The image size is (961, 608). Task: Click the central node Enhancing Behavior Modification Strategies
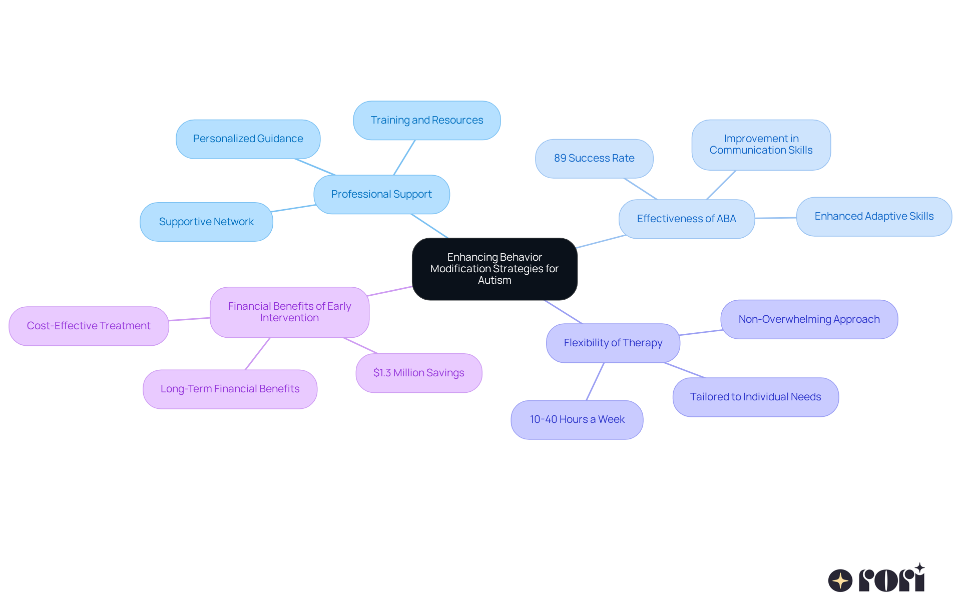tap(495, 269)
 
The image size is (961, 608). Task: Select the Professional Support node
tap(381, 194)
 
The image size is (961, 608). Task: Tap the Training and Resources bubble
tap(426, 120)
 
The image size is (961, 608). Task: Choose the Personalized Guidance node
tap(248, 139)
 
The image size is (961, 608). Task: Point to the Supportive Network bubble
tap(206, 222)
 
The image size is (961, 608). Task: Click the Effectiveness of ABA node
tap(686, 219)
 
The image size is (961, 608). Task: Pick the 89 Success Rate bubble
tap(594, 158)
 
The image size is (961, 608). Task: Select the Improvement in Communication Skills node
tap(761, 145)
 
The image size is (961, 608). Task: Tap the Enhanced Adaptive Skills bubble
tap(873, 216)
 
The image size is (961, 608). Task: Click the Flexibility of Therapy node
tap(613, 343)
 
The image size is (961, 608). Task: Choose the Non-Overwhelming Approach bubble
tap(809, 319)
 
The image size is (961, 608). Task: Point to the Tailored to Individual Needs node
tap(755, 397)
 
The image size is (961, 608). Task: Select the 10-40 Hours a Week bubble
tap(577, 419)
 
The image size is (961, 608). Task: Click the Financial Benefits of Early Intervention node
tap(289, 312)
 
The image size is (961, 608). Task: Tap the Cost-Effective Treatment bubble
tap(89, 326)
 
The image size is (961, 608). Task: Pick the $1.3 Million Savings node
tap(418, 373)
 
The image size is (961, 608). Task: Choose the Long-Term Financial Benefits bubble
tap(230, 389)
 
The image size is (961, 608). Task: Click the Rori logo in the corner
tap(876, 579)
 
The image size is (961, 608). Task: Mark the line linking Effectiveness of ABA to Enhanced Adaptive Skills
tap(775, 218)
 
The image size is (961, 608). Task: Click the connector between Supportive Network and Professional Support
tap(293, 208)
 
